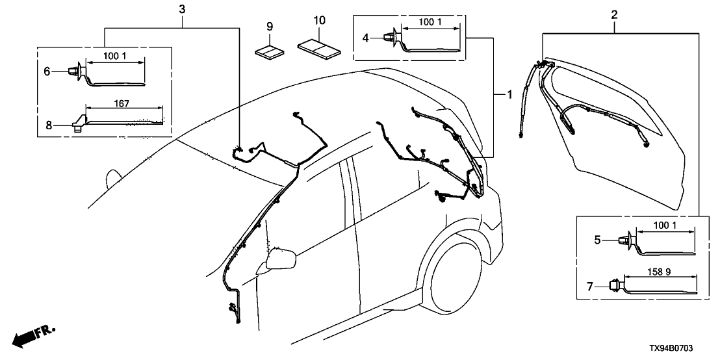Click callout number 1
click(x=510, y=95)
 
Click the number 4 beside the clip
click(x=366, y=38)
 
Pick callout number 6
click(x=47, y=71)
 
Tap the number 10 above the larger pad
click(x=318, y=21)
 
